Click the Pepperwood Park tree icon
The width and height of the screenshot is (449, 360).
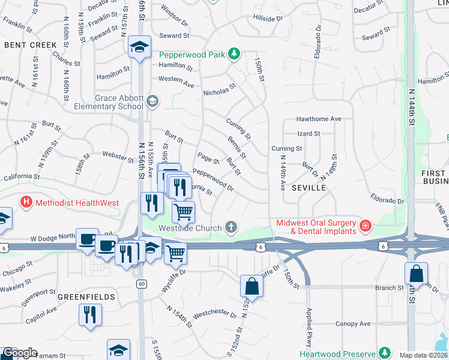click(234, 55)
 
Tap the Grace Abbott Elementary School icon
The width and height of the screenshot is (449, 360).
click(152, 101)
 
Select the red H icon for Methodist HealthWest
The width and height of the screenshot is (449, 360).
click(26, 203)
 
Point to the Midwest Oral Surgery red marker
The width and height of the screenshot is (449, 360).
click(365, 227)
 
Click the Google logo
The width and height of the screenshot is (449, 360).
click(19, 353)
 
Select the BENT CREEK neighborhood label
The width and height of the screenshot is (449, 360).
click(31, 45)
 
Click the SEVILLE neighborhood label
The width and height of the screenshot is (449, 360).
click(309, 188)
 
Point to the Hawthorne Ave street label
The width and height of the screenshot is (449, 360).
click(319, 119)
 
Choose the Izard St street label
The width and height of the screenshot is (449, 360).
click(309, 134)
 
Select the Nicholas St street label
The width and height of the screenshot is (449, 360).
click(220, 91)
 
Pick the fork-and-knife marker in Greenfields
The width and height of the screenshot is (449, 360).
click(90, 315)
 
